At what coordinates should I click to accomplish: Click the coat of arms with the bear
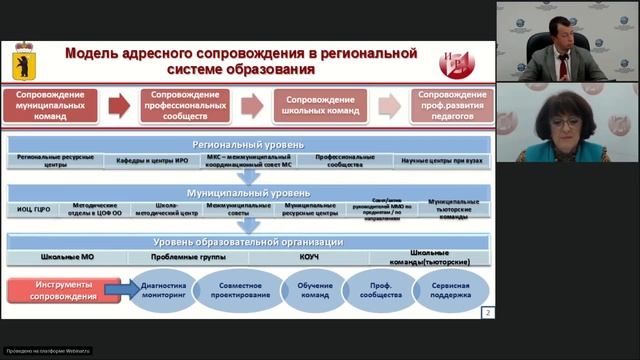click(x=20, y=61)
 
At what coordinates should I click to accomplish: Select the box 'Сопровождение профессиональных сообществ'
click(x=184, y=105)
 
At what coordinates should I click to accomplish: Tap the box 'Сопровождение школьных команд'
click(x=319, y=105)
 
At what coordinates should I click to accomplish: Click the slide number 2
click(x=487, y=313)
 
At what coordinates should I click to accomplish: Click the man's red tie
click(x=564, y=67)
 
